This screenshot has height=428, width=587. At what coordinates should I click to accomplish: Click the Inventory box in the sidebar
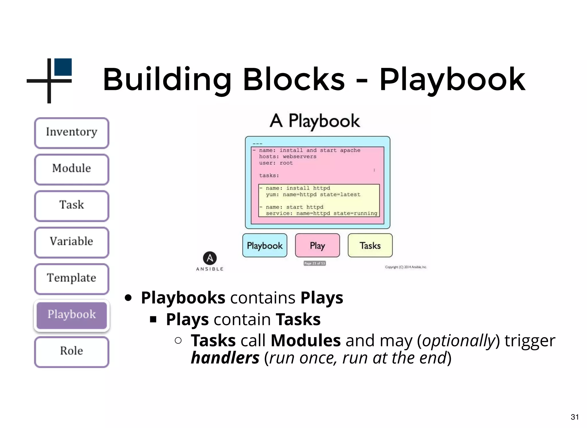click(72, 133)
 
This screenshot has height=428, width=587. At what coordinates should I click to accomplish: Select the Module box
click(72, 169)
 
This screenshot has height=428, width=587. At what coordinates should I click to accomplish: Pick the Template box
click(72, 278)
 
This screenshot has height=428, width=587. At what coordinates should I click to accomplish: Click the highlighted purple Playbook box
click(72, 315)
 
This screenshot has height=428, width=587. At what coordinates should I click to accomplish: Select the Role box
click(72, 352)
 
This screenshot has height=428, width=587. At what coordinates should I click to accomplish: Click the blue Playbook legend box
click(265, 246)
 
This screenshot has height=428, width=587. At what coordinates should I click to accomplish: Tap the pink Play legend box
click(317, 246)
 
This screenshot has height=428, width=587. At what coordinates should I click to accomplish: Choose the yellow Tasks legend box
click(370, 246)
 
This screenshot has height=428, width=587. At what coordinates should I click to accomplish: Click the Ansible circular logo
click(210, 258)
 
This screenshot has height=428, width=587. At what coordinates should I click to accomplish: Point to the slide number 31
click(575, 417)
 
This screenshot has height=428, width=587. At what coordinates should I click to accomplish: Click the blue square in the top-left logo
click(63, 67)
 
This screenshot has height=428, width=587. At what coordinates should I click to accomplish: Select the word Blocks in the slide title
click(294, 79)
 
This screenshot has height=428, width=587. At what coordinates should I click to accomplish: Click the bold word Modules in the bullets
click(306, 340)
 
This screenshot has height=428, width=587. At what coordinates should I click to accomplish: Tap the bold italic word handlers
click(225, 358)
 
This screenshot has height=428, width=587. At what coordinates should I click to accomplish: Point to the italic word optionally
click(459, 341)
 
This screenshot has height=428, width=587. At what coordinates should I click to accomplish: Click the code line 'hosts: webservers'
click(287, 157)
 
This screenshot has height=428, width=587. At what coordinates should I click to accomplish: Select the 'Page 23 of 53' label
click(314, 263)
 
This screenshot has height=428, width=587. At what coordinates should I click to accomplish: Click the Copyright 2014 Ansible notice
click(406, 267)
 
